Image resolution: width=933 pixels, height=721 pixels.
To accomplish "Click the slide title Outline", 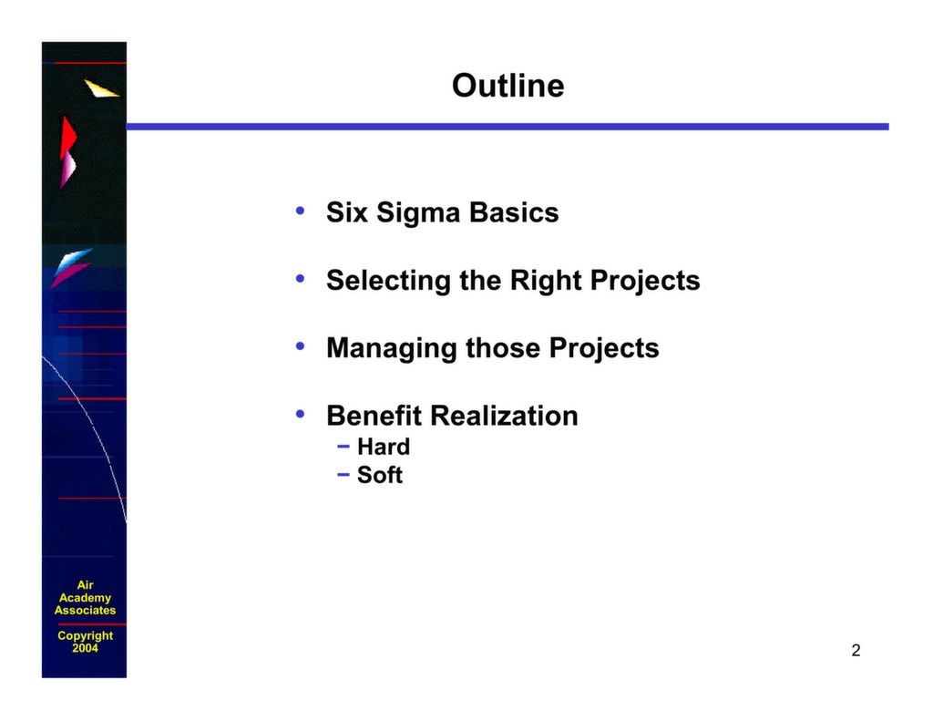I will [508, 86].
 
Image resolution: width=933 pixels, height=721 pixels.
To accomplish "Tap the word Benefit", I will [374, 417].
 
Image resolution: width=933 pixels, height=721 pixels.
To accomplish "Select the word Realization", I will [504, 417].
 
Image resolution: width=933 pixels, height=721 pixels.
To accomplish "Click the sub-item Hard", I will [384, 447].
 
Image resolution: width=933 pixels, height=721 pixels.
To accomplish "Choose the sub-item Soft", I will [380, 475].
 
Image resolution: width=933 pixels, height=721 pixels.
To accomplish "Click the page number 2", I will [856, 650].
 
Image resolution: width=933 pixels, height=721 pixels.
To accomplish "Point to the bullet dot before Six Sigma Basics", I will [300, 212].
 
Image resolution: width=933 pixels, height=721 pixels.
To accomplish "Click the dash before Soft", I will [343, 475].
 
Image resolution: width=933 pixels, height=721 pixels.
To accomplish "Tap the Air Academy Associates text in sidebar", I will [85, 598].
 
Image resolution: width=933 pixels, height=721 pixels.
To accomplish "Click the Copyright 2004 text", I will [85, 642].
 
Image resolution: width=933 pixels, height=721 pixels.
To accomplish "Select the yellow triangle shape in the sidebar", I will [100, 88].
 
